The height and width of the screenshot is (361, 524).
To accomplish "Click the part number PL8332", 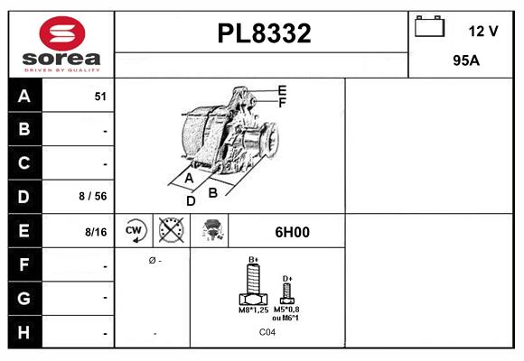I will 264,34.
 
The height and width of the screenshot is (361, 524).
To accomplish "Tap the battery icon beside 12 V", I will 428,28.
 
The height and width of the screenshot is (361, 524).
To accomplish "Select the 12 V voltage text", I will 483,31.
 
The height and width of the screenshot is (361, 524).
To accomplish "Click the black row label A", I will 23,97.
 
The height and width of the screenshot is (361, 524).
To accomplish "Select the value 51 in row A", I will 100,97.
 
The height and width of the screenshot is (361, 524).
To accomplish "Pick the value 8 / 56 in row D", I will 94,195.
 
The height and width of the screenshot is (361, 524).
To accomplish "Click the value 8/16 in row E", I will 95,232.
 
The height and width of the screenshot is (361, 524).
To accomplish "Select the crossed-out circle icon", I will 170,231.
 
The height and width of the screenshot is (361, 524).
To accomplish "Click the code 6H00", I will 292,232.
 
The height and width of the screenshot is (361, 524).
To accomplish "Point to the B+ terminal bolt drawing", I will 254,287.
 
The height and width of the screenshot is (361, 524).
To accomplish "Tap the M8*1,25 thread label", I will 252,311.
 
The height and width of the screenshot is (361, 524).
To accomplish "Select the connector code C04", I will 267,332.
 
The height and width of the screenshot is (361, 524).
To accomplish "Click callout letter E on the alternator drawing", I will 282,90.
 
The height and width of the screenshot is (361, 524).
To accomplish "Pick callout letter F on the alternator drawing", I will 282,103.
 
